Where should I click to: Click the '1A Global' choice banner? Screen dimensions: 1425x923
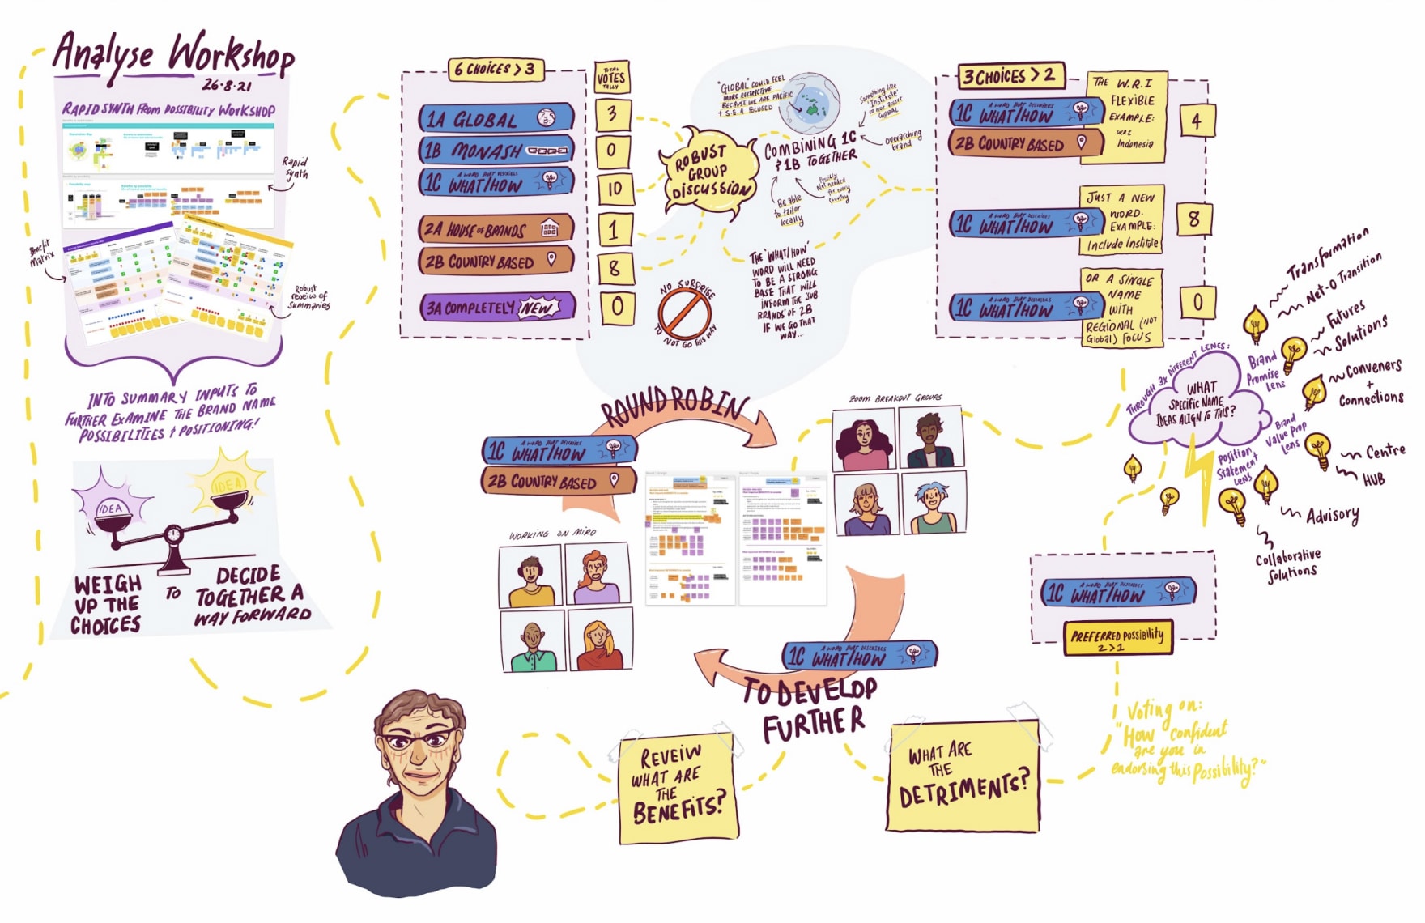coord(496,119)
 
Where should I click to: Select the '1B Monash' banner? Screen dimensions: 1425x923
coord(496,151)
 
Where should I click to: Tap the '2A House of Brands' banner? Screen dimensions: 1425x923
coord(496,230)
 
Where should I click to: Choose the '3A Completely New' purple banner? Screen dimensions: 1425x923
coord(496,308)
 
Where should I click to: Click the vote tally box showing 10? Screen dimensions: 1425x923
coord(615,189)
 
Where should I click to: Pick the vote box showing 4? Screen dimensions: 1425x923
coord(1196,121)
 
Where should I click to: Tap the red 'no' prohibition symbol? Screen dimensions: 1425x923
coord(684,314)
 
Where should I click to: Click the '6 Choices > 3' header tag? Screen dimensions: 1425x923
coord(495,69)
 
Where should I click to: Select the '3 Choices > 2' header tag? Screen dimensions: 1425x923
coord(1009,76)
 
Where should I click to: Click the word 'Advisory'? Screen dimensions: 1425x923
coord(1332,515)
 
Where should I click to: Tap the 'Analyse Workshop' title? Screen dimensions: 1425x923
coord(174,55)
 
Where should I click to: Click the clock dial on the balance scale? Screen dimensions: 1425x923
coord(172,534)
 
